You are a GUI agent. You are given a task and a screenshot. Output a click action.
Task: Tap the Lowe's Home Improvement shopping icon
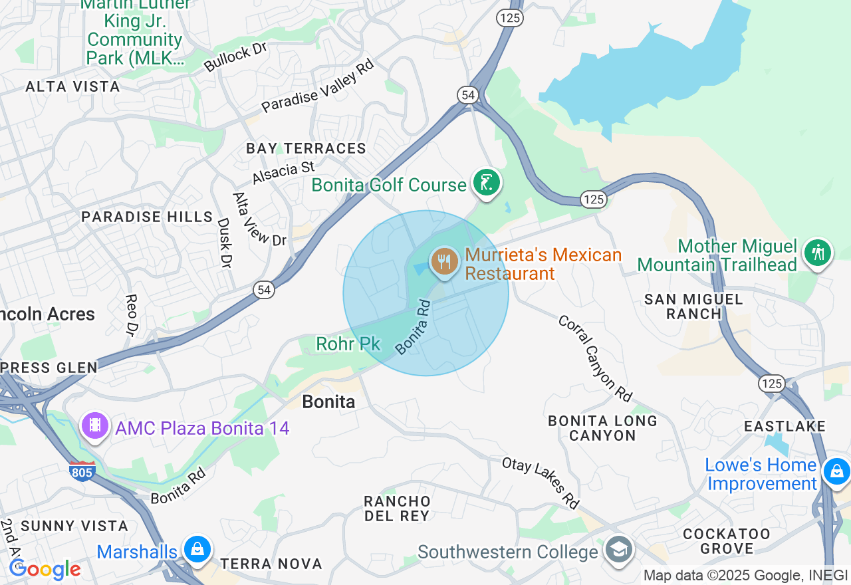835,472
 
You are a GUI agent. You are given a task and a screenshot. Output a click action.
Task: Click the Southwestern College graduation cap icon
619,551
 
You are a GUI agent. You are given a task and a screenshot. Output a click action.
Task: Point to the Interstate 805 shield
81,471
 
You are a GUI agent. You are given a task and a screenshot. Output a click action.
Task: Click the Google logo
45,570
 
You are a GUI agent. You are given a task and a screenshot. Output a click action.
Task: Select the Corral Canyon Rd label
594,358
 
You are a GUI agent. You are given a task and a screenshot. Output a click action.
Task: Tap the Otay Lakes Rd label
541,483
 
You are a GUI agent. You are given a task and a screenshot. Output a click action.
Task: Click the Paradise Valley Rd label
317,86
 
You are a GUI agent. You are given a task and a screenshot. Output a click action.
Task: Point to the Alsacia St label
283,172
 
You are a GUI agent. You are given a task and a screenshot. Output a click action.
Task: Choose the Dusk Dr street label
225,243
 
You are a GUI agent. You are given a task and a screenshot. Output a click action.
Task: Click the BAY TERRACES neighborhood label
306,148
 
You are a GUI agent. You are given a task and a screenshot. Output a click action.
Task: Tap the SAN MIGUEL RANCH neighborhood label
693,306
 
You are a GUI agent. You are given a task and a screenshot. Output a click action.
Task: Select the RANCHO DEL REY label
397,508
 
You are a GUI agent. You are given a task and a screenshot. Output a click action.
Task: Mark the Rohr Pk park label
348,344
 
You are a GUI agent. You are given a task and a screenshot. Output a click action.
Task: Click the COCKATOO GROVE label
726,541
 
